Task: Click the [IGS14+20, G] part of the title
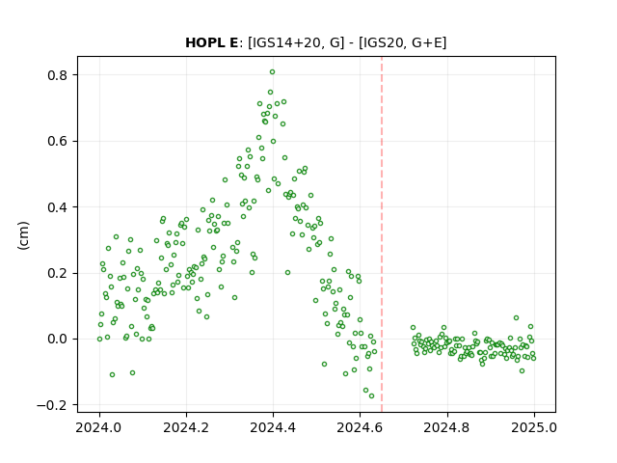(296, 42)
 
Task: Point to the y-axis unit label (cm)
(23, 235)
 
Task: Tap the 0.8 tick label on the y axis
(58, 75)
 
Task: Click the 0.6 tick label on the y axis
(58, 141)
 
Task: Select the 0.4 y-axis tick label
(58, 207)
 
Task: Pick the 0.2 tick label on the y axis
(58, 273)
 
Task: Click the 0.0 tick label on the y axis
(58, 339)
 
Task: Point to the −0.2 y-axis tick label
(53, 405)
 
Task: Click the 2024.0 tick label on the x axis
(99, 427)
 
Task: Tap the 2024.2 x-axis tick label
(186, 427)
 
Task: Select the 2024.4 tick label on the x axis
(273, 427)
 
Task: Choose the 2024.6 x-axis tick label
(360, 427)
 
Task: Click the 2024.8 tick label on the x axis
(447, 427)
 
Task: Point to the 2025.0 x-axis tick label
(534, 427)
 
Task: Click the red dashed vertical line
(382, 234)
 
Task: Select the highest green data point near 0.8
(272, 72)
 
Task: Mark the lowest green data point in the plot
(371, 396)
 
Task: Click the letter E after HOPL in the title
(233, 42)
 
